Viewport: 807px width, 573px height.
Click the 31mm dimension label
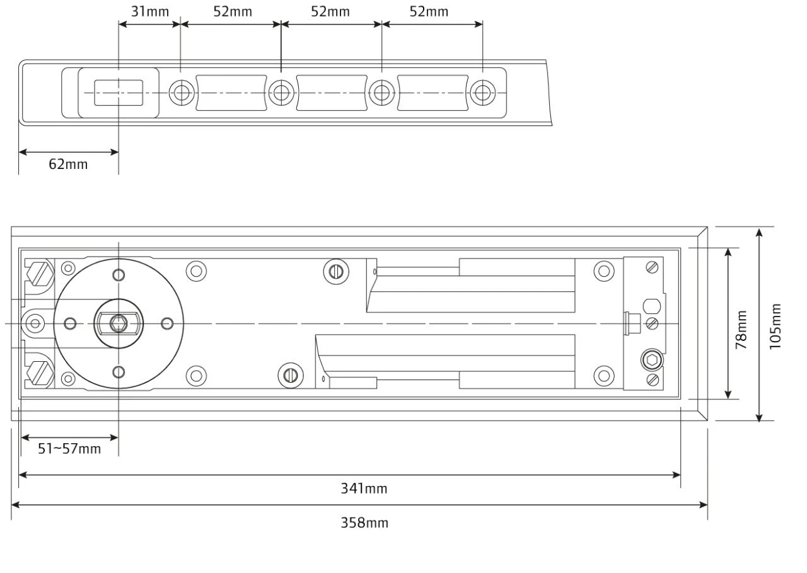pos(149,11)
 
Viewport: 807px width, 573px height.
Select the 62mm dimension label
pos(68,165)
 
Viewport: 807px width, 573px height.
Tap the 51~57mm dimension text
pos(69,449)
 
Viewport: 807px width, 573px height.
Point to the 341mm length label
pos(364,489)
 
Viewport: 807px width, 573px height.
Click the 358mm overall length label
pos(364,523)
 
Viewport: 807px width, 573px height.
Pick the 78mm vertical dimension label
pos(741,328)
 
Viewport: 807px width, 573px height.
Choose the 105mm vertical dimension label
pos(775,325)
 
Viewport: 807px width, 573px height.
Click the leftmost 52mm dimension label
pos(233,11)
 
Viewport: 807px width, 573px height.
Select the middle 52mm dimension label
pos(331,11)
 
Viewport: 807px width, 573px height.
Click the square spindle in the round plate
pos(117,323)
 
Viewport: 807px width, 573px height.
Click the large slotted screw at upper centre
pos(335,272)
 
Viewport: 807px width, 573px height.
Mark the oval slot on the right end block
pos(652,307)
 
